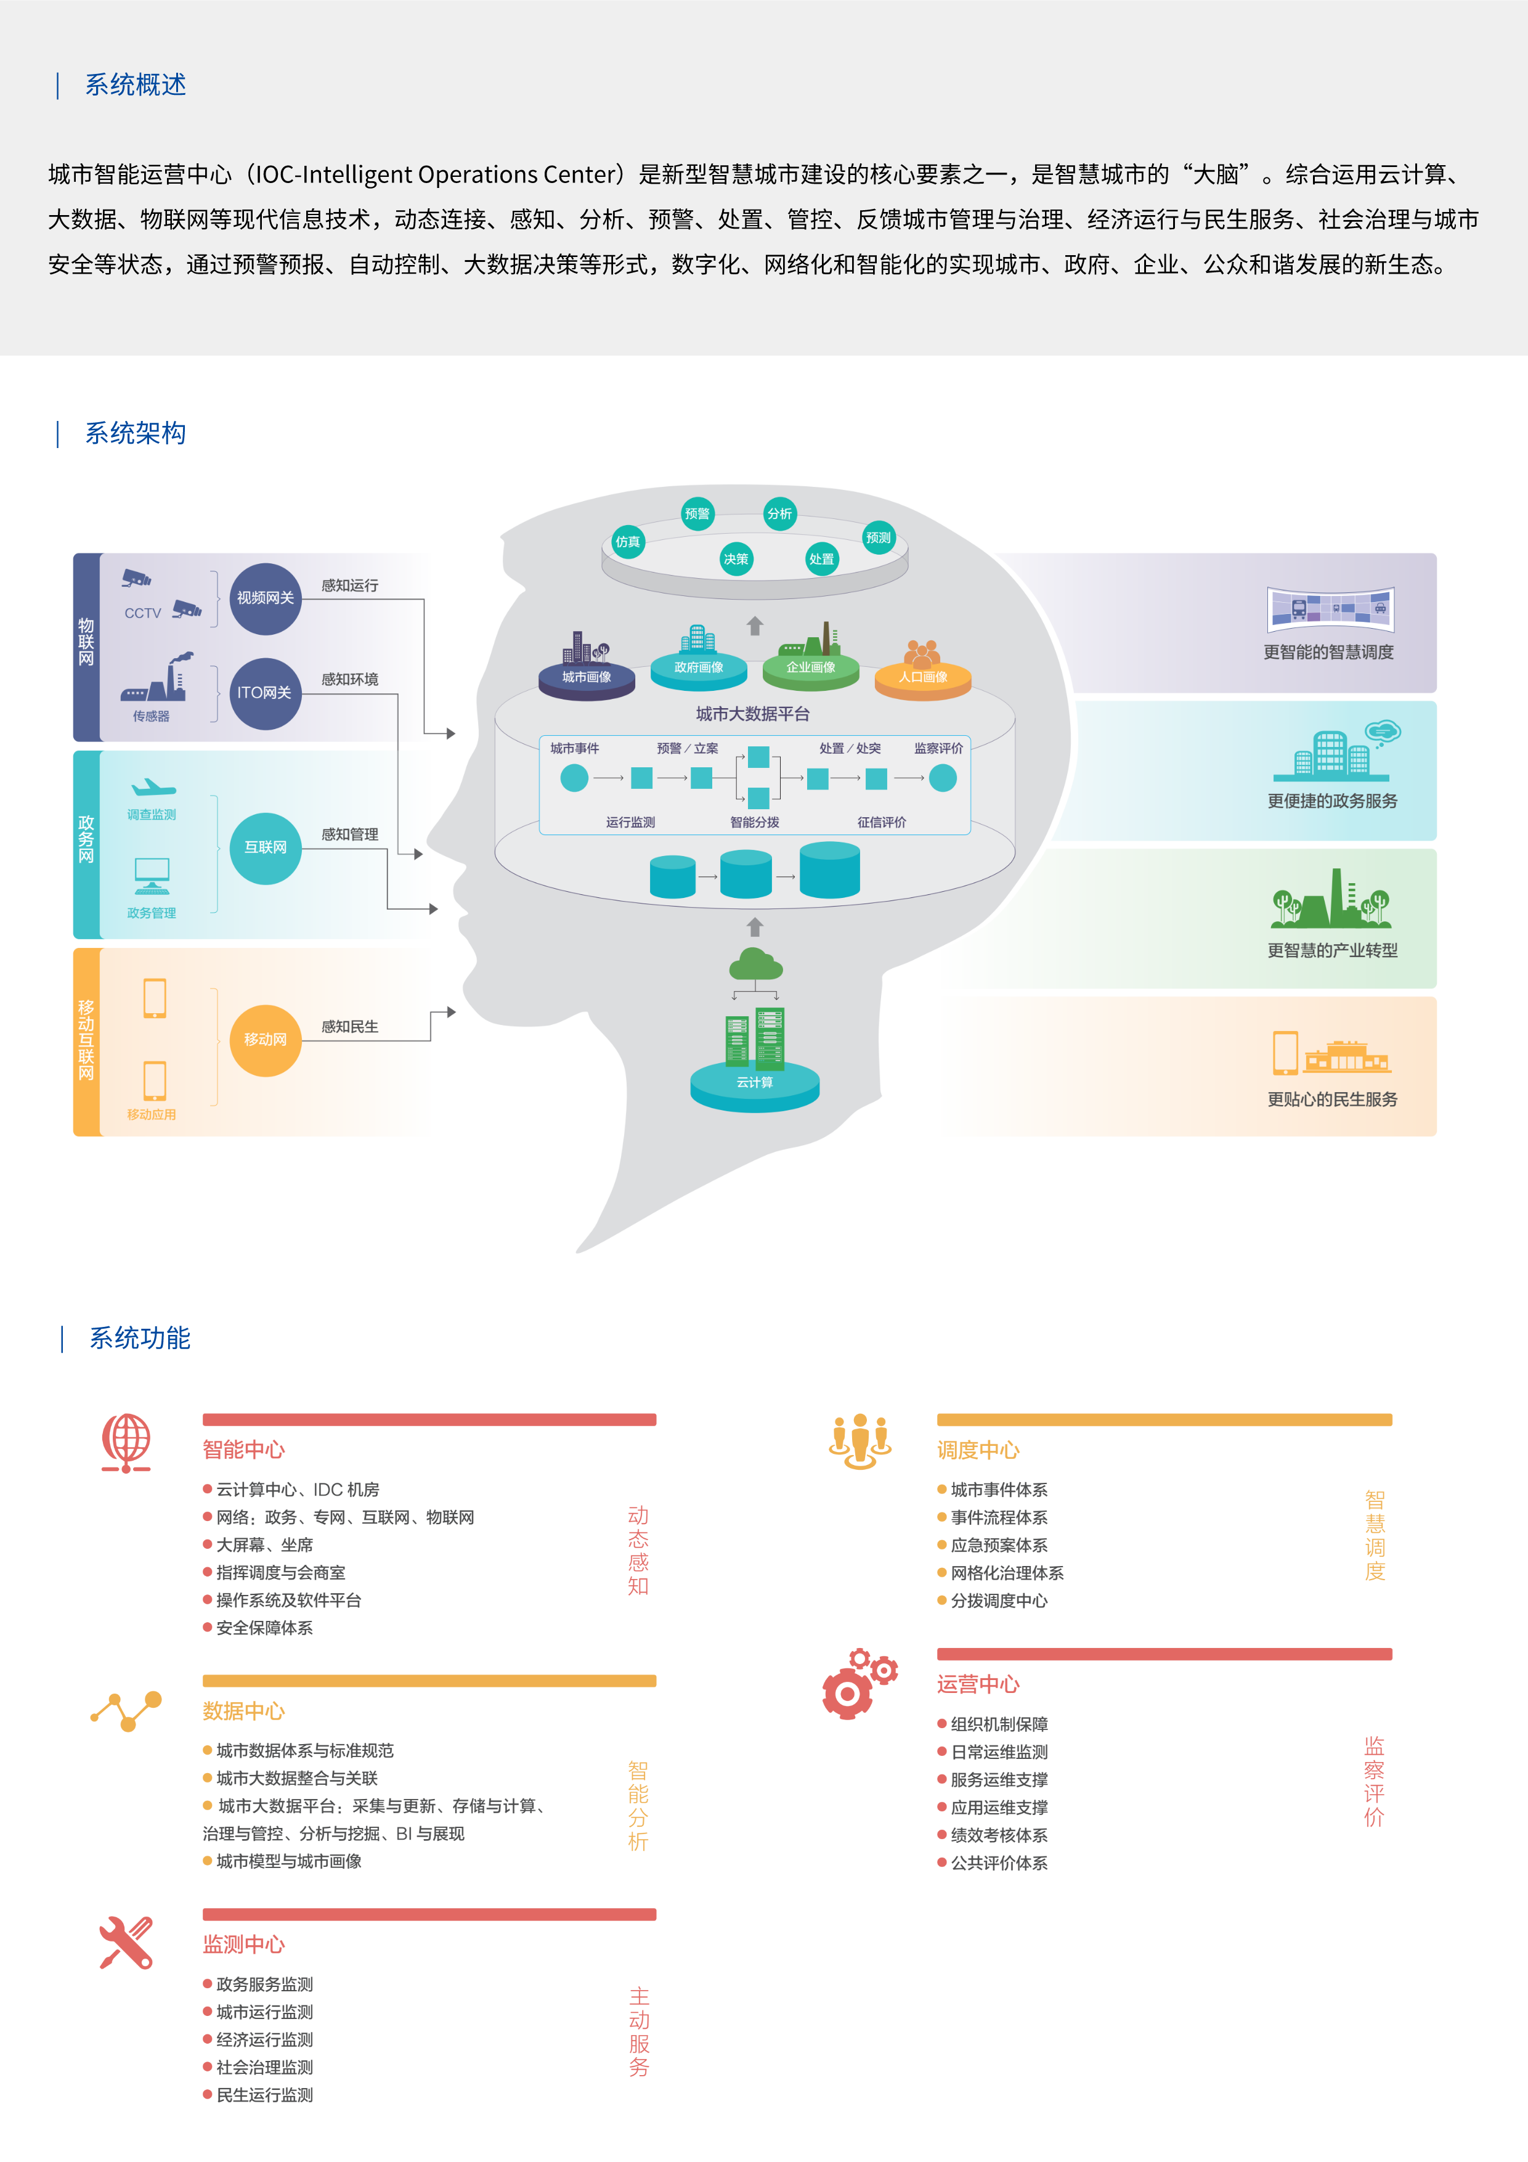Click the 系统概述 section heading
pyautogui.click(x=135, y=85)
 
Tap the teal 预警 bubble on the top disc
pyautogui.click(x=697, y=513)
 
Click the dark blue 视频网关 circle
pyautogui.click(x=266, y=598)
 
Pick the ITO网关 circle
pyautogui.click(x=266, y=693)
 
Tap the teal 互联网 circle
pyautogui.click(x=266, y=847)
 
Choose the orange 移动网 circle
pyautogui.click(x=266, y=1040)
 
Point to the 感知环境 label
pyautogui.click(x=349, y=679)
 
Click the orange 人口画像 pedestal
pyautogui.click(x=922, y=677)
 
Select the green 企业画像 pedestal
pyautogui.click(x=811, y=667)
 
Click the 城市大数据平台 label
pyautogui.click(x=752, y=714)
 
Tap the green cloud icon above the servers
pyautogui.click(x=755, y=965)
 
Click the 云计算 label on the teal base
pyautogui.click(x=755, y=1083)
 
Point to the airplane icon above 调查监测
pyautogui.click(x=153, y=787)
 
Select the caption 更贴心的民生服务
pyautogui.click(x=1332, y=1099)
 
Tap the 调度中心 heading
pyautogui.click(x=978, y=1450)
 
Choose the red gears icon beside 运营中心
pyautogui.click(x=859, y=1684)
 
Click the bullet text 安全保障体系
pyautogui.click(x=264, y=1628)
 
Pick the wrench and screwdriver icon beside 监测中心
pyautogui.click(x=126, y=1943)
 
